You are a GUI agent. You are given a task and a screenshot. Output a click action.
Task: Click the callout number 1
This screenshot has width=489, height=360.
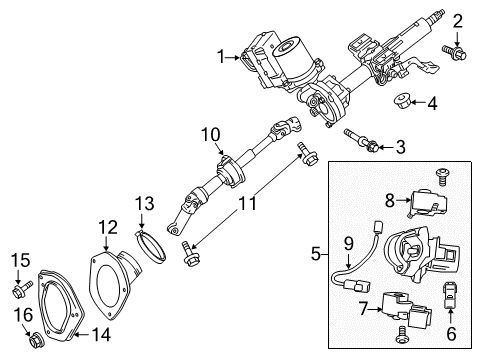tap(220, 57)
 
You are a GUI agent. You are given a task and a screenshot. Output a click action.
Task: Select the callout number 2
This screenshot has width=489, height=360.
tap(457, 20)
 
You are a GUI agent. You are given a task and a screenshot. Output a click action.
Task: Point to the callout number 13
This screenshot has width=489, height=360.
tap(142, 231)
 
